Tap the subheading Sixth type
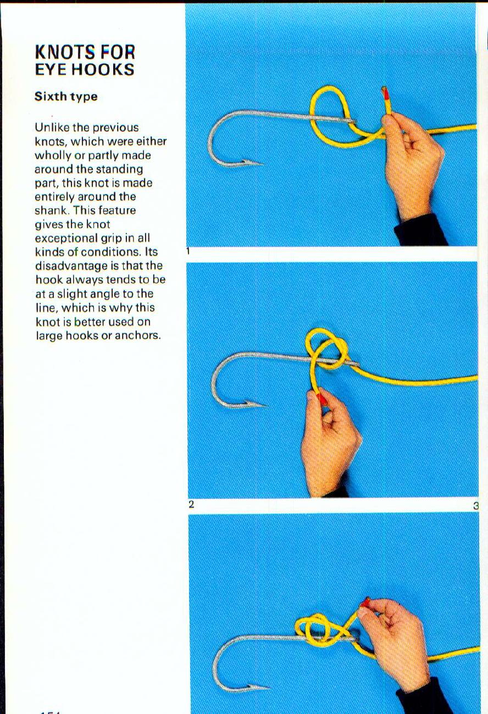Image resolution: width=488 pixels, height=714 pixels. (66, 97)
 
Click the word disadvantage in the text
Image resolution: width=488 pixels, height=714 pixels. (82, 266)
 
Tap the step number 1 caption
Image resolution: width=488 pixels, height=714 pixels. (188, 252)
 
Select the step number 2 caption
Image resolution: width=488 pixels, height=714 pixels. (191, 504)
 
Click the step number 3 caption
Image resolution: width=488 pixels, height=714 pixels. (476, 505)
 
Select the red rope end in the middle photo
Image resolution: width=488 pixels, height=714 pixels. (321, 399)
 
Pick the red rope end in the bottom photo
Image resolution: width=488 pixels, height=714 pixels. (365, 603)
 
